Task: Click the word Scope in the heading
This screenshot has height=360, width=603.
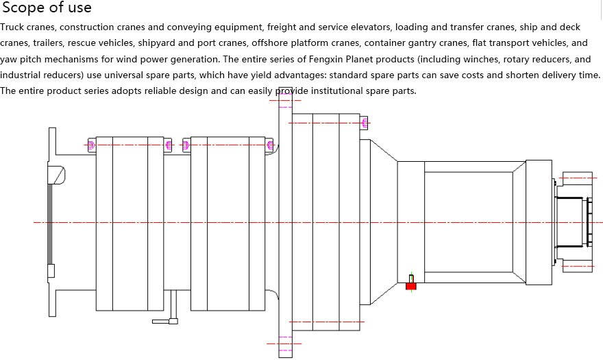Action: tap(23, 8)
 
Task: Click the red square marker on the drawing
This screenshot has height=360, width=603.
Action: tap(411, 285)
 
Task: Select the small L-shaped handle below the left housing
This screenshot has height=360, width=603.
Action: tap(167, 320)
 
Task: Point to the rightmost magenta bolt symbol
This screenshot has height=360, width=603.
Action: tap(365, 123)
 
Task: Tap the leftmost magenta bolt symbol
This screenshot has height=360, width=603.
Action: tap(90, 145)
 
